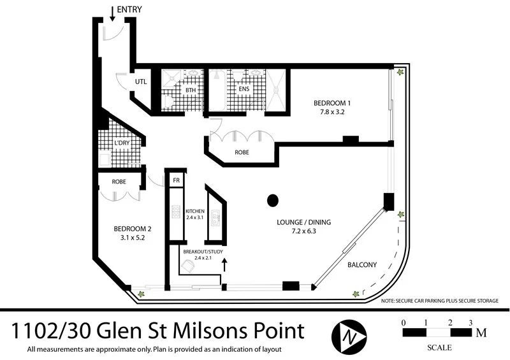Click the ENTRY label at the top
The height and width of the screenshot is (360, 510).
(x=130, y=10)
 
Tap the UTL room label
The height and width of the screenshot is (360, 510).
(x=141, y=82)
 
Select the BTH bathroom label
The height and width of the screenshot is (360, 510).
(x=190, y=90)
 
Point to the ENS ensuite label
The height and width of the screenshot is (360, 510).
(x=244, y=89)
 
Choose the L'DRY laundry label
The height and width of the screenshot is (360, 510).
(x=121, y=143)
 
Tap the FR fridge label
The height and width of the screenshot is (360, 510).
(x=176, y=181)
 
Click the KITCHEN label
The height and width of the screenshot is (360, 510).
(x=194, y=211)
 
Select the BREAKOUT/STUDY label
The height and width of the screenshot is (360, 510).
(x=200, y=252)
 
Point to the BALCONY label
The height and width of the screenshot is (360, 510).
(x=362, y=265)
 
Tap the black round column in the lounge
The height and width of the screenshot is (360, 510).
(x=273, y=200)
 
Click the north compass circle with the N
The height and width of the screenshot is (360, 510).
(x=348, y=333)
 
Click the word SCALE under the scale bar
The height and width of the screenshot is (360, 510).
(x=439, y=347)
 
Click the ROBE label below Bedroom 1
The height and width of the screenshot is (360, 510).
(x=242, y=153)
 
